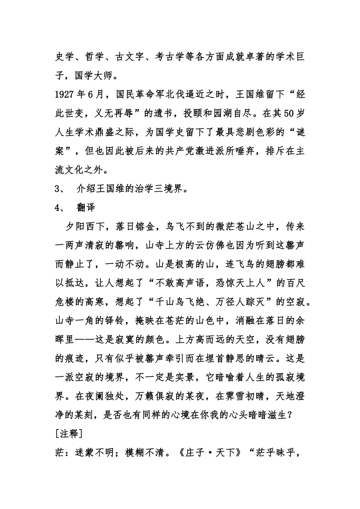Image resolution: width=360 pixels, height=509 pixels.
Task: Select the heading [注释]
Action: click(69, 434)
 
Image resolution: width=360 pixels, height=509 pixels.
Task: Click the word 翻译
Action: click(86, 208)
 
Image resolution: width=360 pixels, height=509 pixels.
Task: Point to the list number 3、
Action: click(61, 189)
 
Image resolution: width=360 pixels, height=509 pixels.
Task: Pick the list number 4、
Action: click(61, 208)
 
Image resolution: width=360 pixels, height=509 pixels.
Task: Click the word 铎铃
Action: click(117, 321)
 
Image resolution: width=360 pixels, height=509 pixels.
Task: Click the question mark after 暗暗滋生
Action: click(289, 415)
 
